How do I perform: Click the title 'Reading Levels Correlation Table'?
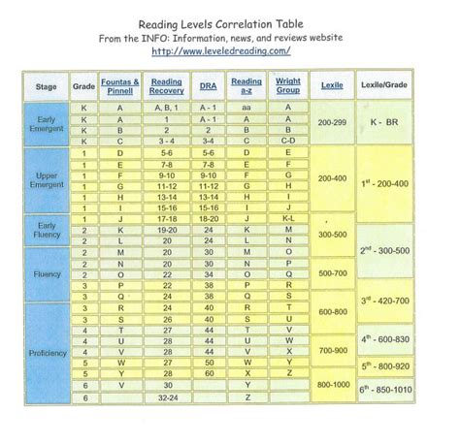click(x=230, y=13)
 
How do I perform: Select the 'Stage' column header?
click(x=47, y=86)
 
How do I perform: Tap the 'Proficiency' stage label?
click(x=47, y=352)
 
